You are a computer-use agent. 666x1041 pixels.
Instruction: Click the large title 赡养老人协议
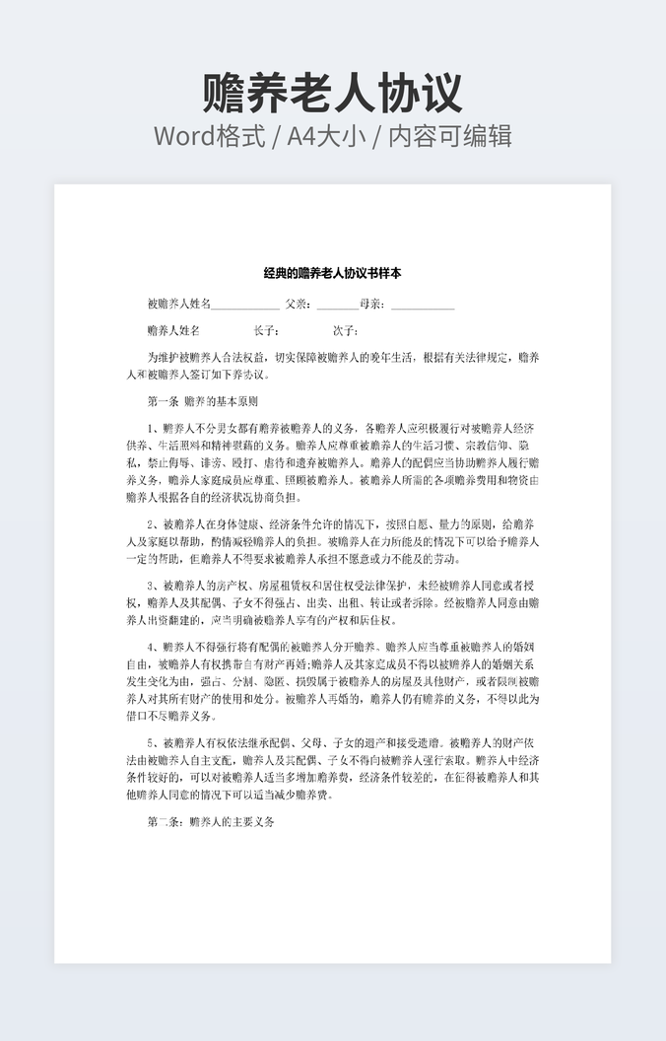point(332,93)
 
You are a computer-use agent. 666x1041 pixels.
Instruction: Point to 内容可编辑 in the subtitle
point(449,136)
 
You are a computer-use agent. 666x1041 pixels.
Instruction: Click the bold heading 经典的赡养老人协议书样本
point(332,273)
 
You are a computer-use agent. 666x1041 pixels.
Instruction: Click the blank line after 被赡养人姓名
point(245,306)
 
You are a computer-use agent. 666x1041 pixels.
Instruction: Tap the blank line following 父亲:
point(337,306)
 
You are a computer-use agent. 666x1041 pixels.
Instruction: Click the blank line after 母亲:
point(423,306)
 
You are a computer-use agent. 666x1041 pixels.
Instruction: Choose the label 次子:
point(345,331)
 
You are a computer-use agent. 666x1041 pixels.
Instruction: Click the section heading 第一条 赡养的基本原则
point(202,402)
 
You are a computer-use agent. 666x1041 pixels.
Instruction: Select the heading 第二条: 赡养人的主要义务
point(211,821)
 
